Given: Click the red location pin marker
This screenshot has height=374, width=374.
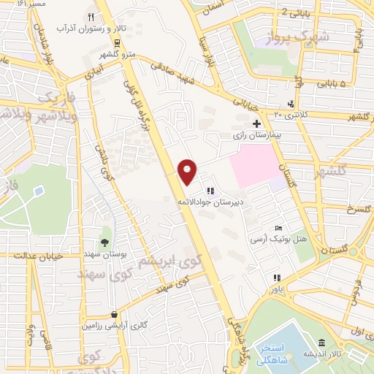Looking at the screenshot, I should (x=188, y=172).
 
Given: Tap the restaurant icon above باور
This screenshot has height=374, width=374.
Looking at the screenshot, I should (x=275, y=278).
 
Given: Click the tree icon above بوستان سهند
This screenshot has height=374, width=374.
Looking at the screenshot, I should (x=105, y=242).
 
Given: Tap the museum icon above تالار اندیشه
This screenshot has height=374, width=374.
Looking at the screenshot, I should (x=321, y=343).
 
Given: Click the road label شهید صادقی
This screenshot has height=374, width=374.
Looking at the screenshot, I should (x=175, y=70).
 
